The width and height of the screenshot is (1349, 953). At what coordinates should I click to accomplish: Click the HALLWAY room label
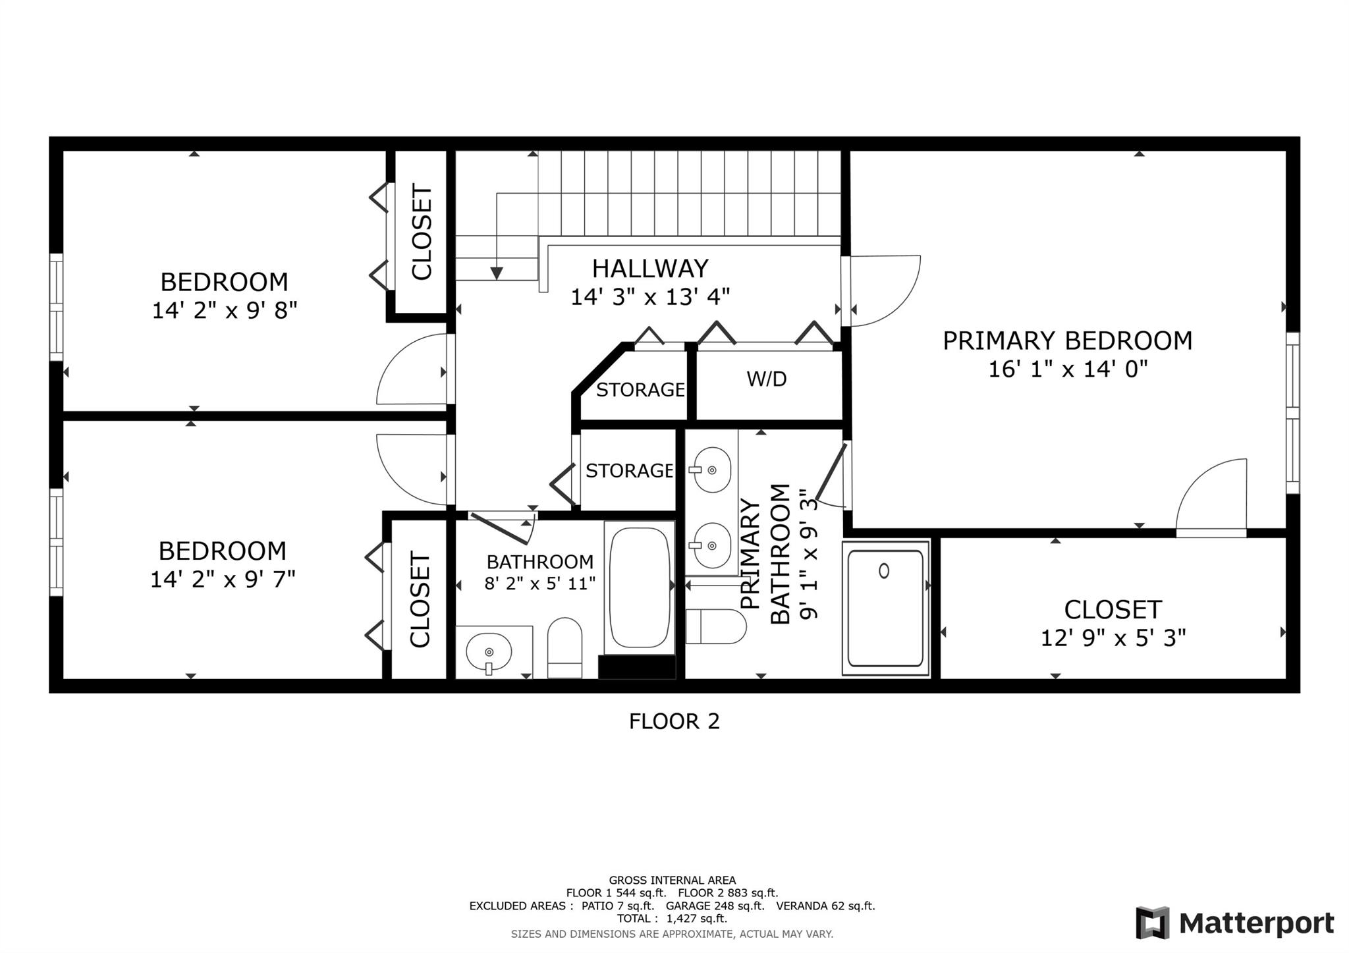[650, 269]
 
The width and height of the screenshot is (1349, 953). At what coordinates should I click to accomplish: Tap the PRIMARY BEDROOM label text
[1067, 340]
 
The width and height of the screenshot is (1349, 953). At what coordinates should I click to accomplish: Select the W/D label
[767, 379]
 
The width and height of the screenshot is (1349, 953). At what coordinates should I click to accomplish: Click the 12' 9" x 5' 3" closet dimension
[1113, 638]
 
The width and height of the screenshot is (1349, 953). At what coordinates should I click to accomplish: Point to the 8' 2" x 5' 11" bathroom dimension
[540, 583]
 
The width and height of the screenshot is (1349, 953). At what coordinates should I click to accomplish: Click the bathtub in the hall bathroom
[639, 587]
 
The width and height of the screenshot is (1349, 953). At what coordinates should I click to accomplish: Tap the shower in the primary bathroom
[885, 608]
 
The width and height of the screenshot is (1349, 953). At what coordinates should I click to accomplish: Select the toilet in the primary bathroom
[716, 626]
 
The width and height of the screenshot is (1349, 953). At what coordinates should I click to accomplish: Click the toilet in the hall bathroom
[564, 647]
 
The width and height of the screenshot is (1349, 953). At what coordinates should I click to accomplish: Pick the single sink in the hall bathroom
[489, 652]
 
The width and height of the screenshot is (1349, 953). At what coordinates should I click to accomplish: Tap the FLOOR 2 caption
[674, 721]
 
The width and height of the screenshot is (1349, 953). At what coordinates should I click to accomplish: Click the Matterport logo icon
[1152, 923]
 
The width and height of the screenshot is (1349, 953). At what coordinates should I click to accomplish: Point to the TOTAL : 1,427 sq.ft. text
[672, 918]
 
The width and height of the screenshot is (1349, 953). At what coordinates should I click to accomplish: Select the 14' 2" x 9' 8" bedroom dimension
[225, 310]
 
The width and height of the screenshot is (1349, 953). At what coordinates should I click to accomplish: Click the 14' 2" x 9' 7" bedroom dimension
[223, 579]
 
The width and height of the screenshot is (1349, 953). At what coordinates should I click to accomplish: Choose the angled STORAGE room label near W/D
[640, 390]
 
